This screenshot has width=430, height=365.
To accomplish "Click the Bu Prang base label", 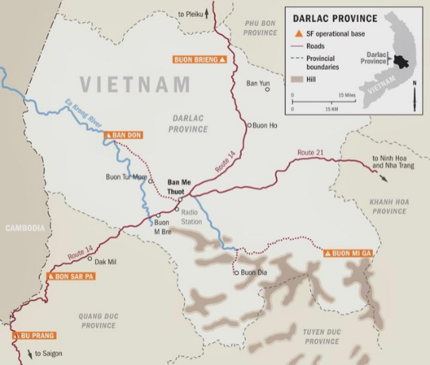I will (x=23, y=336).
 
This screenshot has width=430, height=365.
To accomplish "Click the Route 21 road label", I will (x=312, y=151).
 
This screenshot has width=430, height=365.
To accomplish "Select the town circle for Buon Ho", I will (x=248, y=125).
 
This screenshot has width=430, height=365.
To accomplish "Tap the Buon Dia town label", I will (x=249, y=272).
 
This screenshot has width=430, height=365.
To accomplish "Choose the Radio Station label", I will (x=192, y=218).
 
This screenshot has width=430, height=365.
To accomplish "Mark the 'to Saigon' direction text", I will (x=48, y=353).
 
